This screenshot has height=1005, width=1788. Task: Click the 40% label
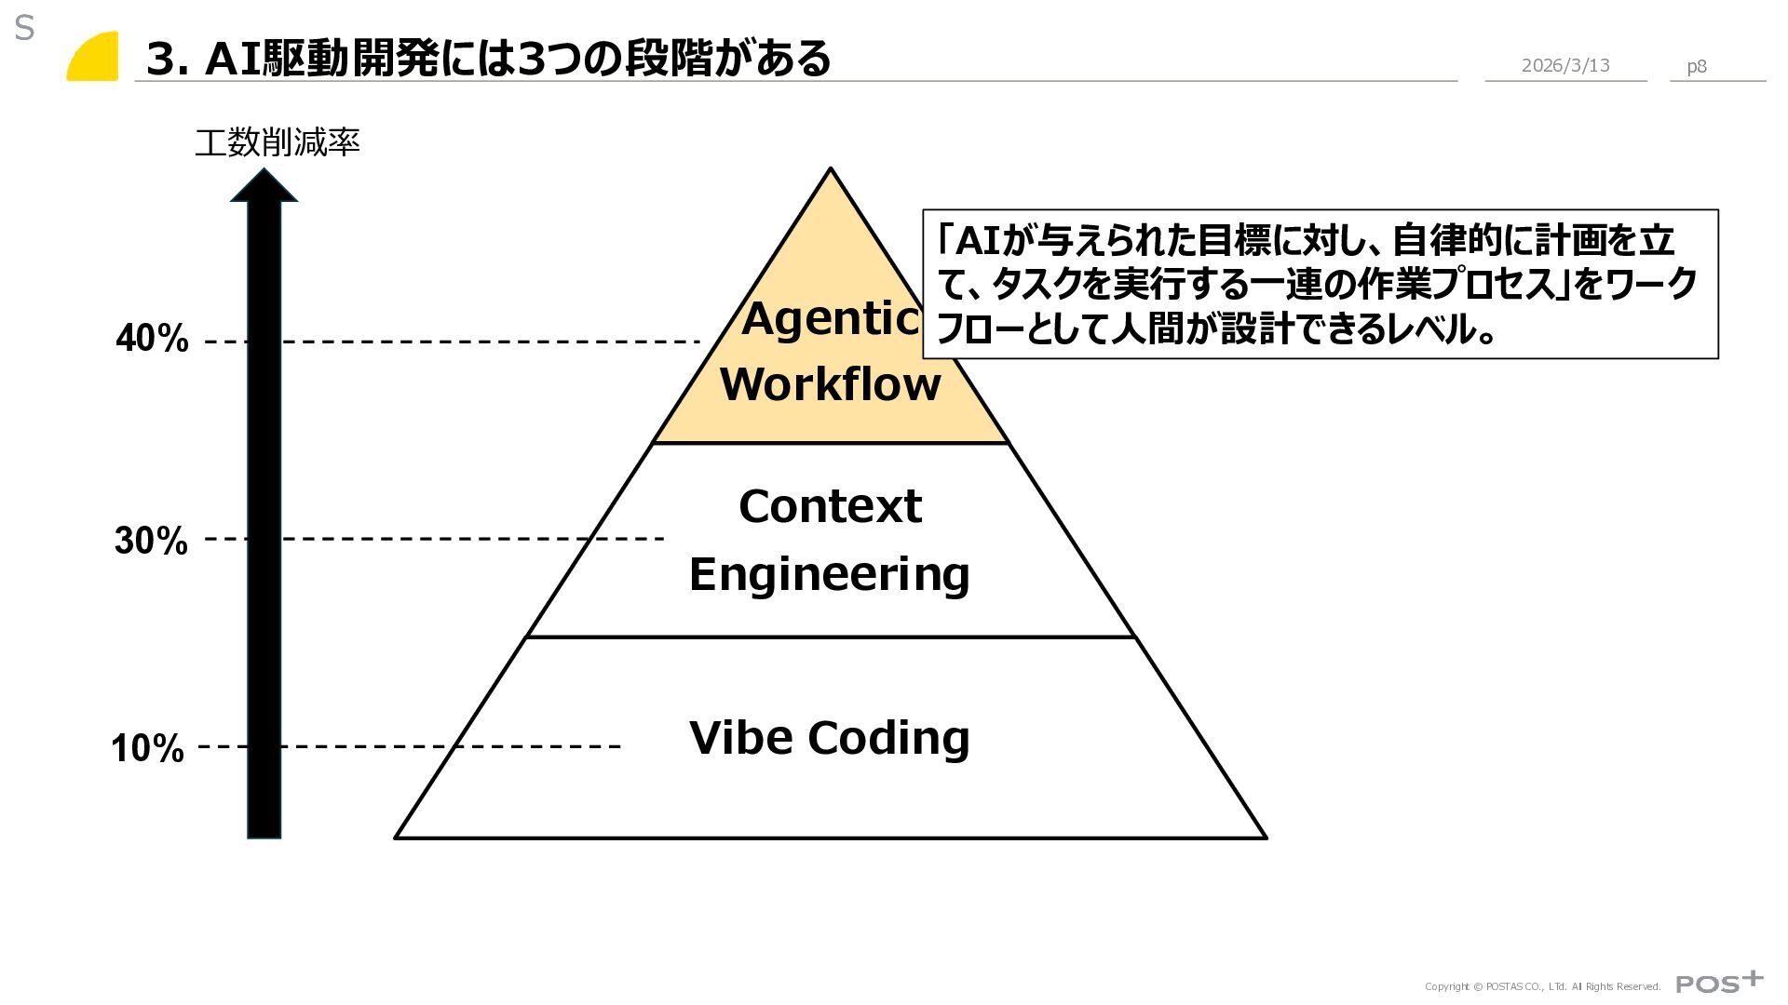(x=152, y=340)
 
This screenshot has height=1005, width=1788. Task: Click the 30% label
(x=151, y=541)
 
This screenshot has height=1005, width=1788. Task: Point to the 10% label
(x=147, y=748)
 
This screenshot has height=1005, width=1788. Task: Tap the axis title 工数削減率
(x=277, y=143)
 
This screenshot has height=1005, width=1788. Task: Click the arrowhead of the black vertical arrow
(x=264, y=185)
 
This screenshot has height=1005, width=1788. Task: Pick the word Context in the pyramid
(x=830, y=507)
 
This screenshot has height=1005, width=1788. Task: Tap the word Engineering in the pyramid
(x=829, y=573)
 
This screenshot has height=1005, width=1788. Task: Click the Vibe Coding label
(x=829, y=737)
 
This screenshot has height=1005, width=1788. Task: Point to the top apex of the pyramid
(x=830, y=171)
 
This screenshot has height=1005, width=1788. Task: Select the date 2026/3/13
(x=1564, y=65)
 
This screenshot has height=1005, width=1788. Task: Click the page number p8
(x=1697, y=66)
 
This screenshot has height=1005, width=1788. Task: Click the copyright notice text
(x=1542, y=986)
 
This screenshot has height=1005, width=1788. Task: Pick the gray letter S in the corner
(x=24, y=29)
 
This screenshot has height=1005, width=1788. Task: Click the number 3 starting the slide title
(x=162, y=60)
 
